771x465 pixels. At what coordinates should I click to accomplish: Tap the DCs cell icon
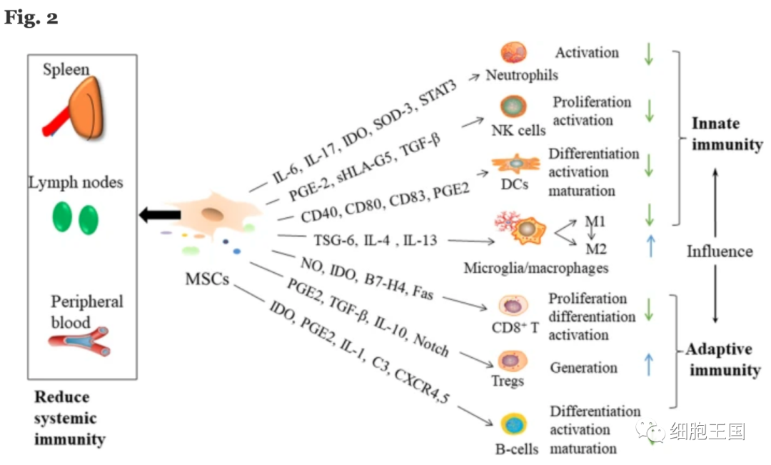tap(515, 164)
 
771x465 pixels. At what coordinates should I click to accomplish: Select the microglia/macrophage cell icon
tap(525, 229)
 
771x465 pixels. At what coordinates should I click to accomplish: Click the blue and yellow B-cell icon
tap(512, 424)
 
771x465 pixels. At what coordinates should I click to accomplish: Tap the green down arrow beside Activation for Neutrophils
tap(648, 54)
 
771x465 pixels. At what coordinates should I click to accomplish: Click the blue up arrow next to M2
tap(648, 246)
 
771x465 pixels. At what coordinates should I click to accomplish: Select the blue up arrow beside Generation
tap(648, 365)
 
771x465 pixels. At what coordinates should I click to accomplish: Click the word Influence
tap(720, 251)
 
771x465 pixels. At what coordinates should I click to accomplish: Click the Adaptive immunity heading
tap(722, 359)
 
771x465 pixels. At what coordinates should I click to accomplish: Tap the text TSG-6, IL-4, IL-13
tap(375, 241)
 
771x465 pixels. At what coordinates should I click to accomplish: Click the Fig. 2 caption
tap(31, 18)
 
